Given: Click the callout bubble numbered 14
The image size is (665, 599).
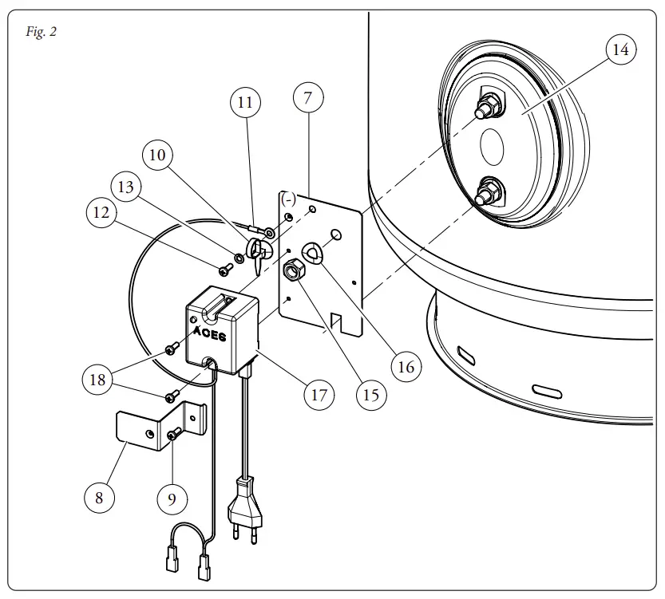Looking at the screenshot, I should tap(620, 50).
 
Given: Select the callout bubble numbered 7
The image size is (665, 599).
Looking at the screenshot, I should tap(308, 98).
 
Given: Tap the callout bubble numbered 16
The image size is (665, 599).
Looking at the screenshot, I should tap(406, 366).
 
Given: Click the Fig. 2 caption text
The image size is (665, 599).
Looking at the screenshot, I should tap(41, 33).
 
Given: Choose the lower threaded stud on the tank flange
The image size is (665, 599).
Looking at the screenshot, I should tap(485, 194).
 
